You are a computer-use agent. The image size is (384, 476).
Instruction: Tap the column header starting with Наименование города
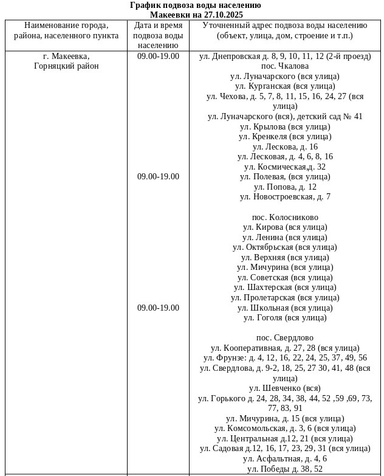click(66, 30)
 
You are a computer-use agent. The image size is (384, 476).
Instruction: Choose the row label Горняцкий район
click(66, 66)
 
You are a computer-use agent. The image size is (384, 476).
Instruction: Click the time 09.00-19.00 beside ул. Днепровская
click(158, 56)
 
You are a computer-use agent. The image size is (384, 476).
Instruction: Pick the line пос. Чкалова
click(284, 66)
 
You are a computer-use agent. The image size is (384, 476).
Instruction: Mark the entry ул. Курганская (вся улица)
click(284, 86)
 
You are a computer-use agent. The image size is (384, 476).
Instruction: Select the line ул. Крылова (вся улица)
click(284, 126)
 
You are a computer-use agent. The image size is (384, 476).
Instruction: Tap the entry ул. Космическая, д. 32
click(284, 167)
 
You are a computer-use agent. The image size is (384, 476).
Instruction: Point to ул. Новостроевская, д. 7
click(284, 196)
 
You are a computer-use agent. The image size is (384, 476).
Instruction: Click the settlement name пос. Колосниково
click(284, 217)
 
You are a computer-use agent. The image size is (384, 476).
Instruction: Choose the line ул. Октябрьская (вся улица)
click(284, 247)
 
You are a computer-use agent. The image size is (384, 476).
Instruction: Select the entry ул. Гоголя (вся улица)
click(284, 317)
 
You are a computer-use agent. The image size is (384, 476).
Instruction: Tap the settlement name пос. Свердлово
click(284, 337)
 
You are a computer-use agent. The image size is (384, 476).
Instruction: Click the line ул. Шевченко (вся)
click(284, 388)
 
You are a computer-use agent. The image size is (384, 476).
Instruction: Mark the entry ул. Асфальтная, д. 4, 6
click(284, 458)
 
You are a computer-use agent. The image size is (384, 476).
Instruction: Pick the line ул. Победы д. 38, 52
click(284, 469)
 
